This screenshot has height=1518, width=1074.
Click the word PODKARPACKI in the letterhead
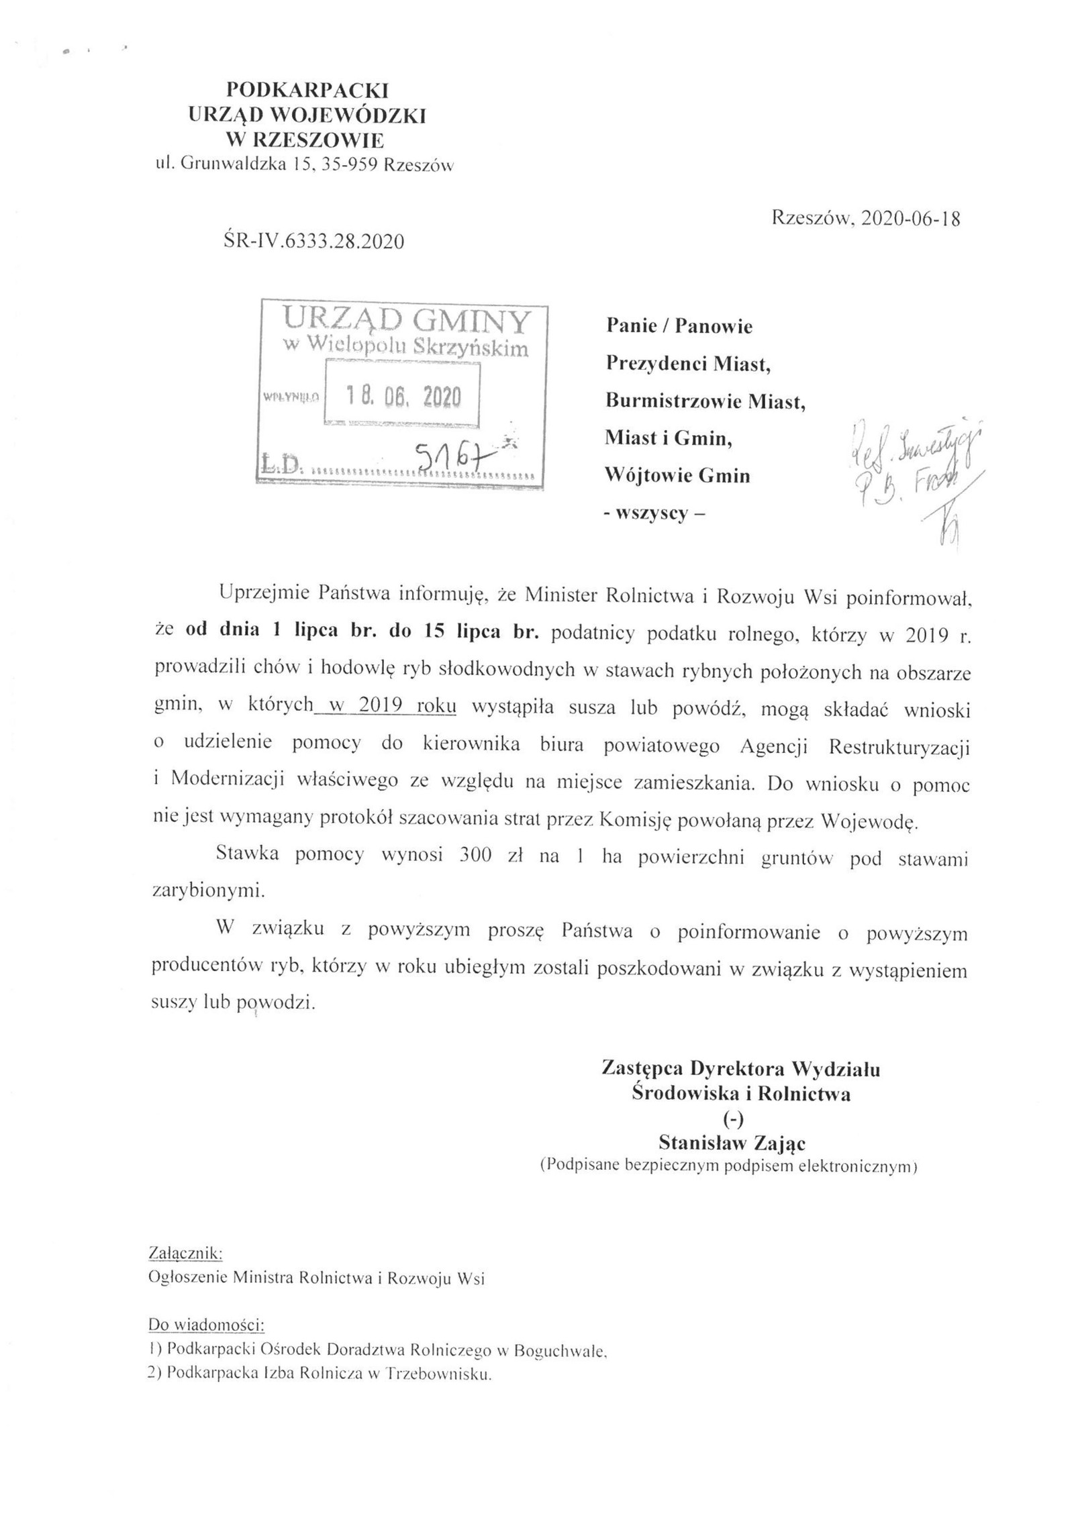(x=308, y=89)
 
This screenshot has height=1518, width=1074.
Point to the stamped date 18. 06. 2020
(x=403, y=397)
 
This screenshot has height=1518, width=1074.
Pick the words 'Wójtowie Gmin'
(x=677, y=476)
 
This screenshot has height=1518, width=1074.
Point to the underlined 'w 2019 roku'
(x=389, y=707)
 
